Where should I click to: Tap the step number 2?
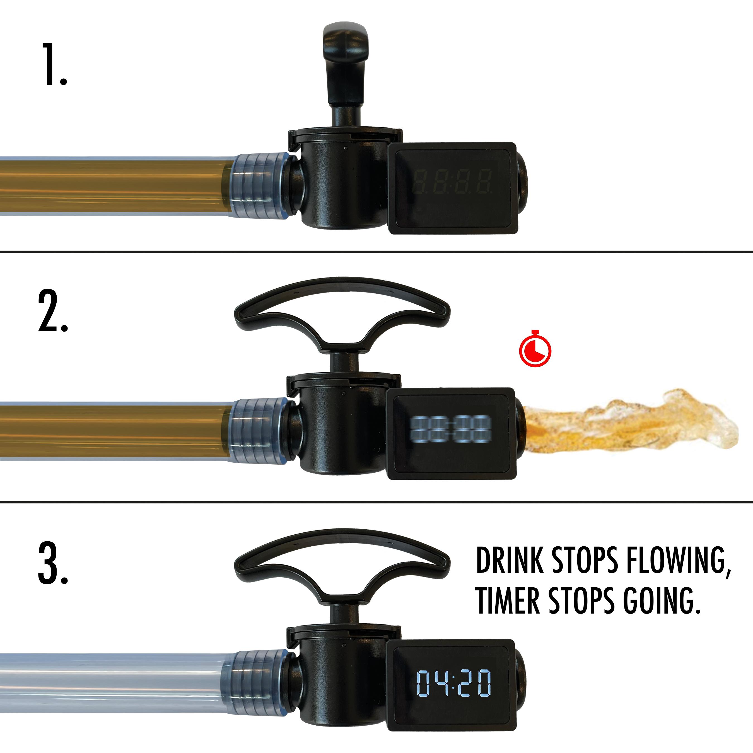(53, 312)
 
